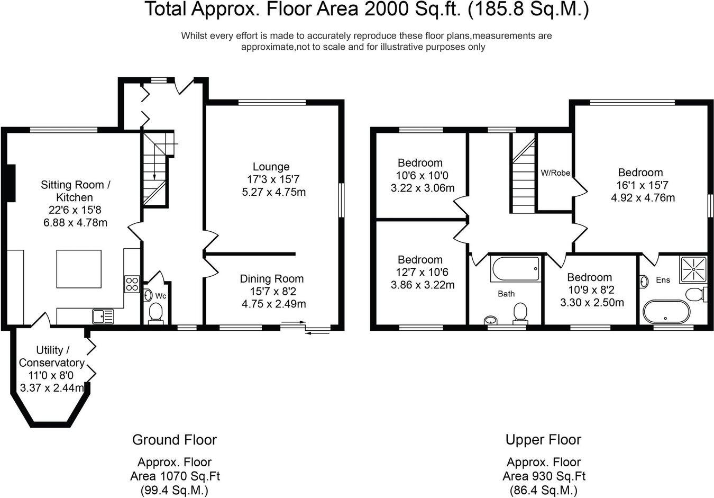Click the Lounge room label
pos(271,167)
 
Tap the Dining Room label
pos(272,279)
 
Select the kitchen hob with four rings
pos(132,284)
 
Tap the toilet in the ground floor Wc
pos(156,312)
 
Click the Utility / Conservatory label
pos(52,356)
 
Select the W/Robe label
pos(555,173)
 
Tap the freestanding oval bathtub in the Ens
pos(665,312)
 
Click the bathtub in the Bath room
pos(516,269)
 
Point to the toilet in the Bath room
pos(520,312)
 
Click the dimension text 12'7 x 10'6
pos(420,272)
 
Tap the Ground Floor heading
pos(174,440)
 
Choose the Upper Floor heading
pos(543,440)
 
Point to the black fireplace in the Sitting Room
pos(10,183)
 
